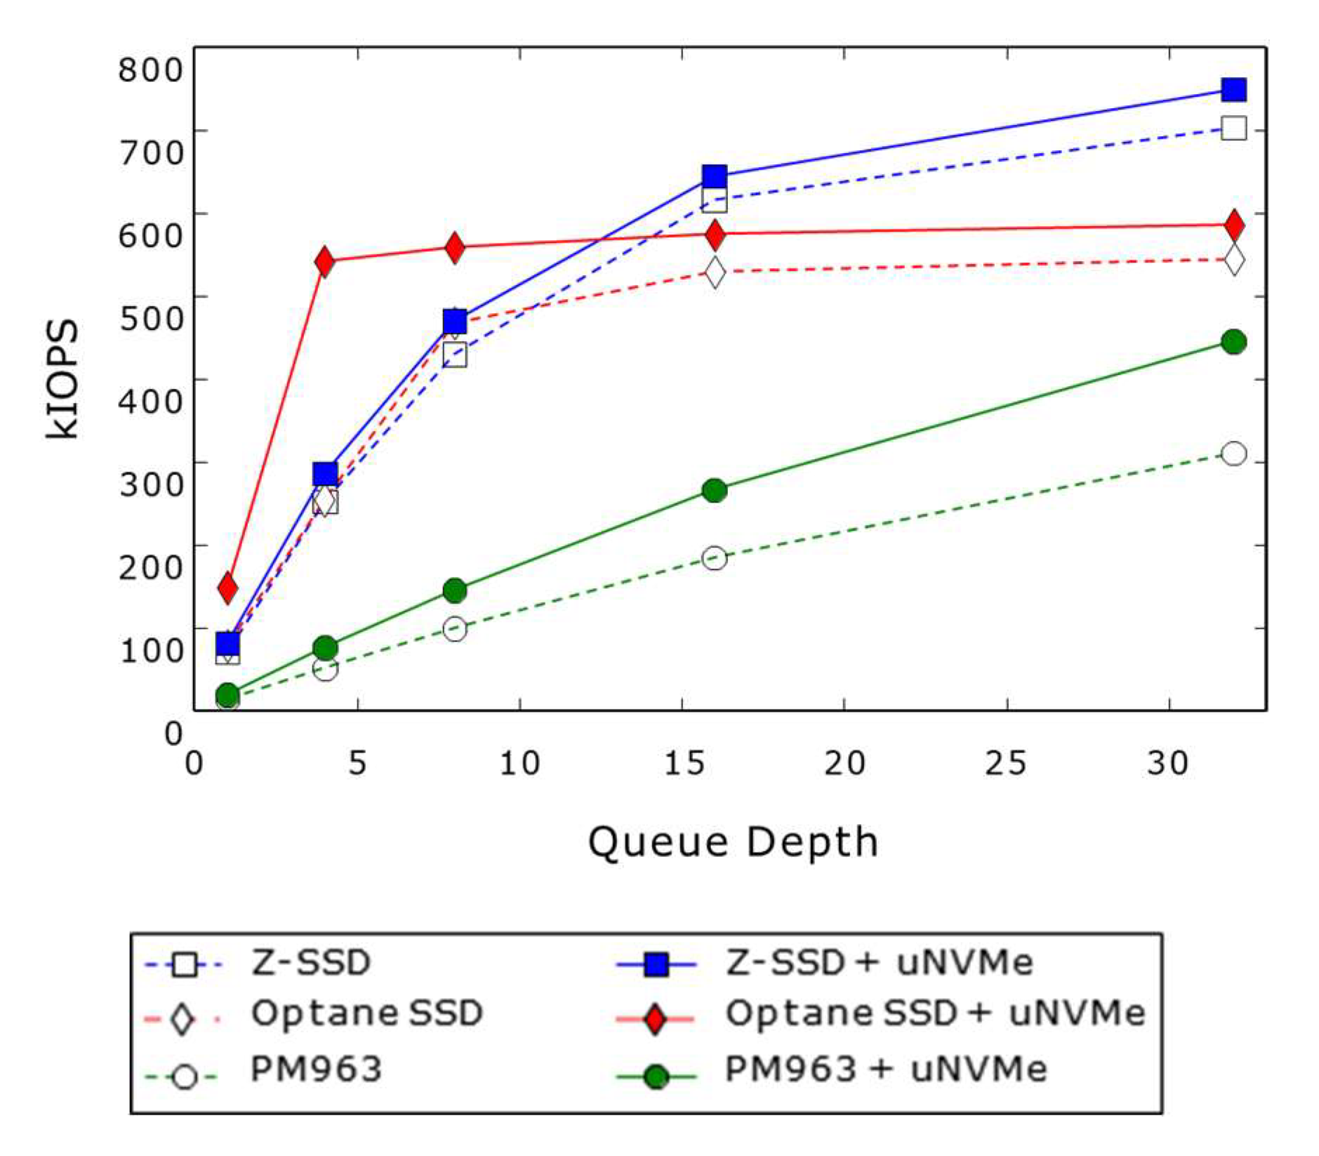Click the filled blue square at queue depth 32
(1233, 90)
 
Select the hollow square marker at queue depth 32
(1233, 128)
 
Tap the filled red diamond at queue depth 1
(227, 587)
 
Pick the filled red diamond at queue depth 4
(324, 262)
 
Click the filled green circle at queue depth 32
(1233, 342)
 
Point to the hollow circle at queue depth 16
(714, 559)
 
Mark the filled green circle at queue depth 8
(455, 590)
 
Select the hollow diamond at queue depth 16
(714, 271)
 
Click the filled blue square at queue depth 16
(714, 175)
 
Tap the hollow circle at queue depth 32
(1233, 453)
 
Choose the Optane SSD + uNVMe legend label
(934, 1013)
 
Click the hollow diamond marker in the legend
(183, 1018)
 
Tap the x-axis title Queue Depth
(733, 842)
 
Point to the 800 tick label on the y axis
(150, 69)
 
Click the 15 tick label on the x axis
(684, 763)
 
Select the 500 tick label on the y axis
(150, 317)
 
